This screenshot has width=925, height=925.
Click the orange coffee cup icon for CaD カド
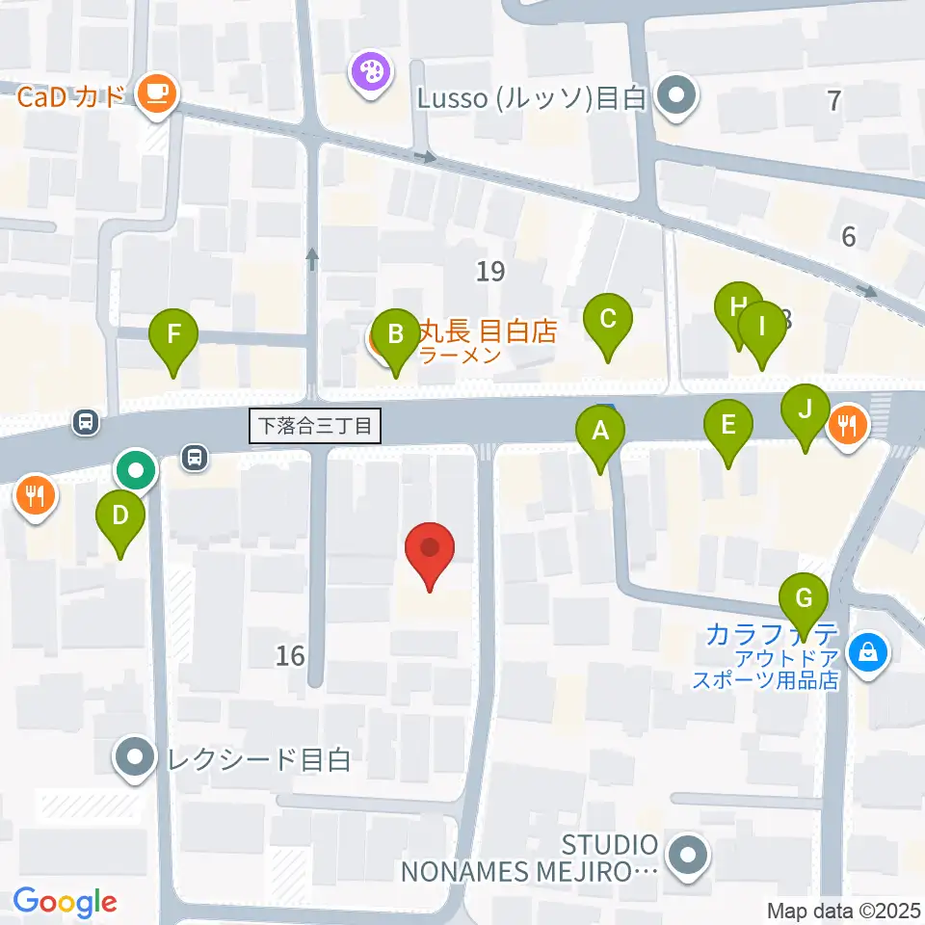coord(157,92)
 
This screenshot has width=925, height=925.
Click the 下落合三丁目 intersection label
coord(315,425)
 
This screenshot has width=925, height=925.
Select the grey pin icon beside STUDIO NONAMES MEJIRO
coord(689,855)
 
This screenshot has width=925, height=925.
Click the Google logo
coord(65,901)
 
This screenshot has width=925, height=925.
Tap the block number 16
coord(289,656)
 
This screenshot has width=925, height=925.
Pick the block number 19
coord(490,272)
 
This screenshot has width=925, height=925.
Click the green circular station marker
coord(136,471)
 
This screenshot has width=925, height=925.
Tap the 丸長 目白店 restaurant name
coord(488,331)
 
